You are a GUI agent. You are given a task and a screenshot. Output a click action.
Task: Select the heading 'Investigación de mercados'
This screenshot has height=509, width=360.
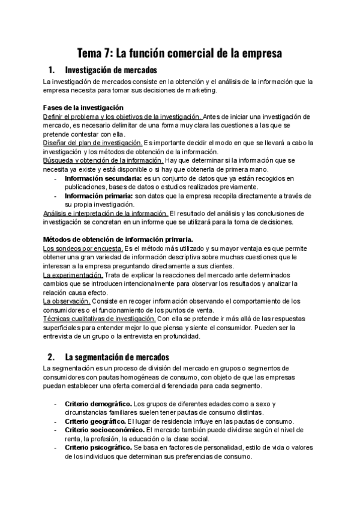(x=110, y=70)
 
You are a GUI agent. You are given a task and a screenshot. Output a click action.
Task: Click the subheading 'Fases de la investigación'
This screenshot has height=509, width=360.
(x=84, y=107)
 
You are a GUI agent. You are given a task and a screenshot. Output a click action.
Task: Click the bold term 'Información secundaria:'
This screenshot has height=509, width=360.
(x=103, y=178)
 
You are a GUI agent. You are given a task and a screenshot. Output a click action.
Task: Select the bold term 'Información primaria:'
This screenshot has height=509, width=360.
(x=99, y=196)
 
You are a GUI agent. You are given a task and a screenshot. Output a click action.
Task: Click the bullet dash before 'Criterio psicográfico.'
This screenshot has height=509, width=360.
(x=56, y=448)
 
